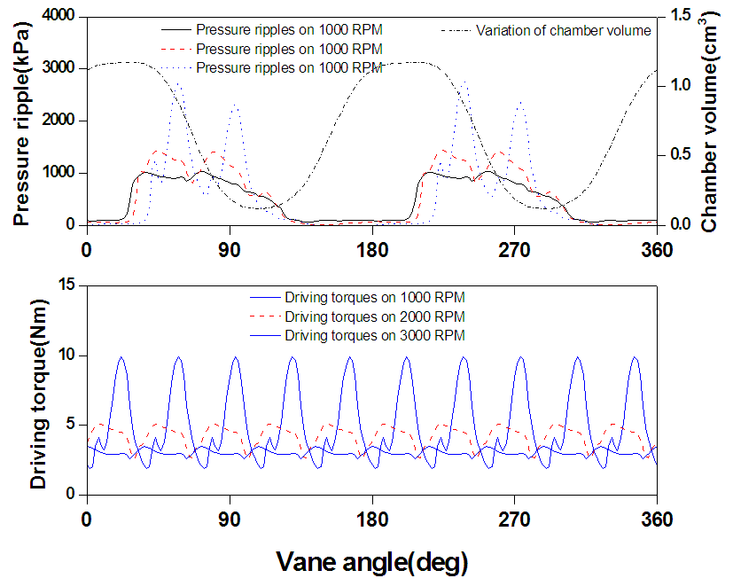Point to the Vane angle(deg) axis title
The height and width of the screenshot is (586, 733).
pos(371,560)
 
